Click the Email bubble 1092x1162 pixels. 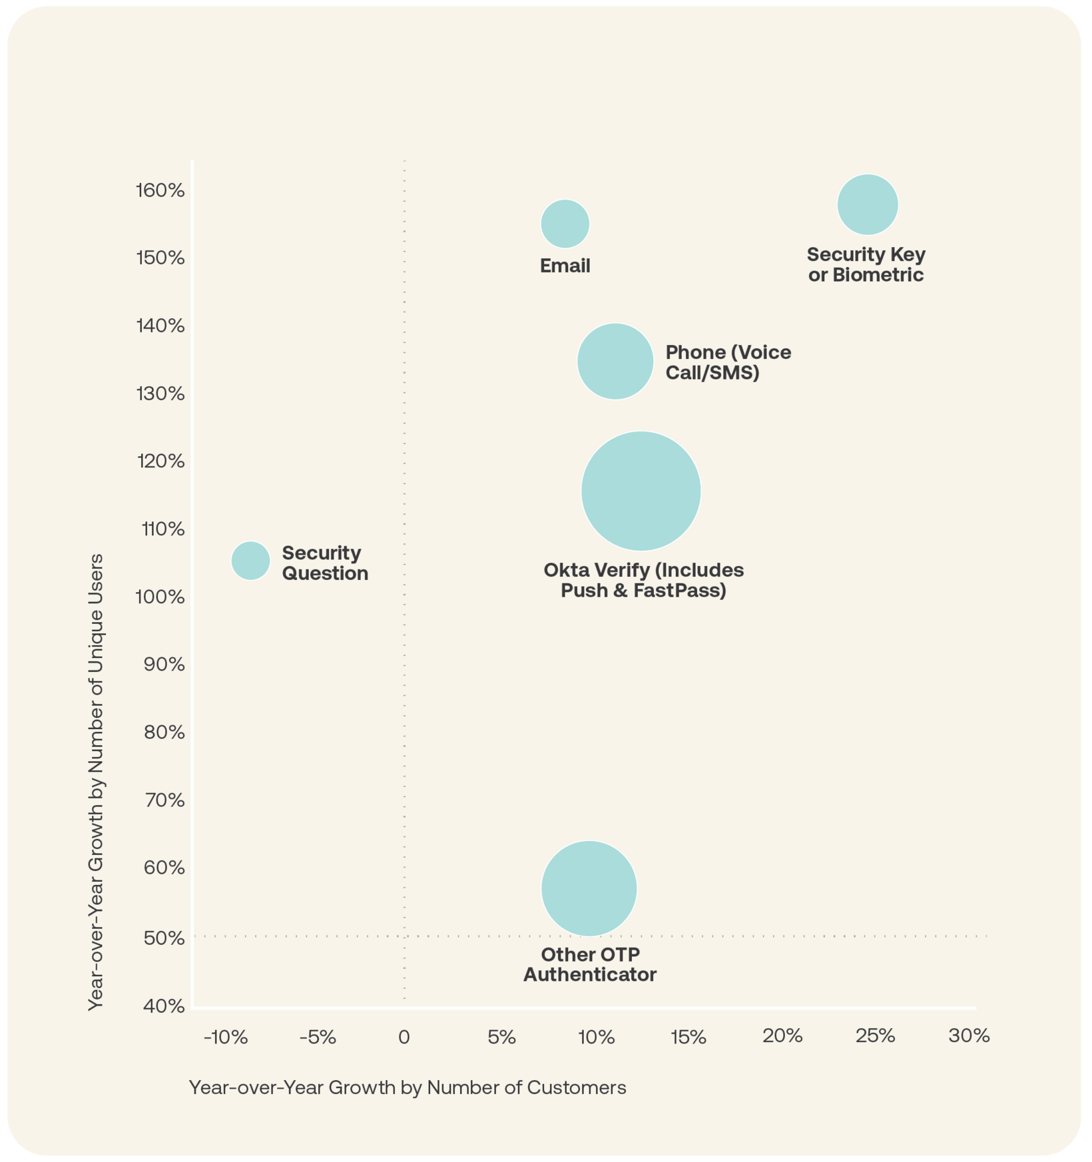(565, 224)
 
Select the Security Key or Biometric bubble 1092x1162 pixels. (868, 204)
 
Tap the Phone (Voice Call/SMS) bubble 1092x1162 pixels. (615, 362)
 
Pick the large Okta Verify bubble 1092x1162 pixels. (641, 491)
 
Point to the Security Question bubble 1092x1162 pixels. (250, 561)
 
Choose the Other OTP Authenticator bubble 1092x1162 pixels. (589, 888)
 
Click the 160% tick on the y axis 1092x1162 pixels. (160, 190)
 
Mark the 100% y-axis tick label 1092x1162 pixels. (160, 597)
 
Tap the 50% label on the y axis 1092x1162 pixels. (163, 938)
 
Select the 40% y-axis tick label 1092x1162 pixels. (163, 1006)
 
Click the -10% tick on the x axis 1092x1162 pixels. (226, 1037)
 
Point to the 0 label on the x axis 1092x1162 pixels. (404, 1037)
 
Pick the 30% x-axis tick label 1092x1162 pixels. (969, 1035)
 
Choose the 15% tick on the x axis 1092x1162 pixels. (688, 1037)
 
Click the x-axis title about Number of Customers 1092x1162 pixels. (408, 1087)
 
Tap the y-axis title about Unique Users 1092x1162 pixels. (97, 782)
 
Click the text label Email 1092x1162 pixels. (565, 266)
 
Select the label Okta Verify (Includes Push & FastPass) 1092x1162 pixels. (643, 580)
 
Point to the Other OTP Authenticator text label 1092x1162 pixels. (590, 964)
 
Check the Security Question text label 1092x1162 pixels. (325, 563)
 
